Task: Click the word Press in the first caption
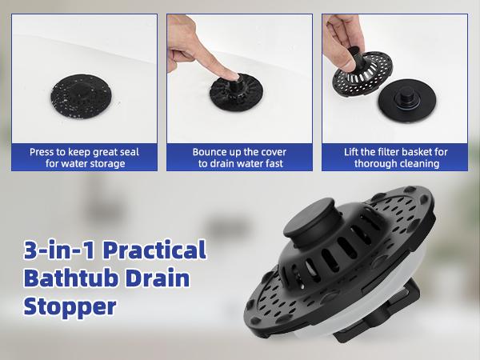tap(42, 151)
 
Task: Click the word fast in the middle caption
tap(274, 163)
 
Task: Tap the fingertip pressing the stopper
tap(229, 74)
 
